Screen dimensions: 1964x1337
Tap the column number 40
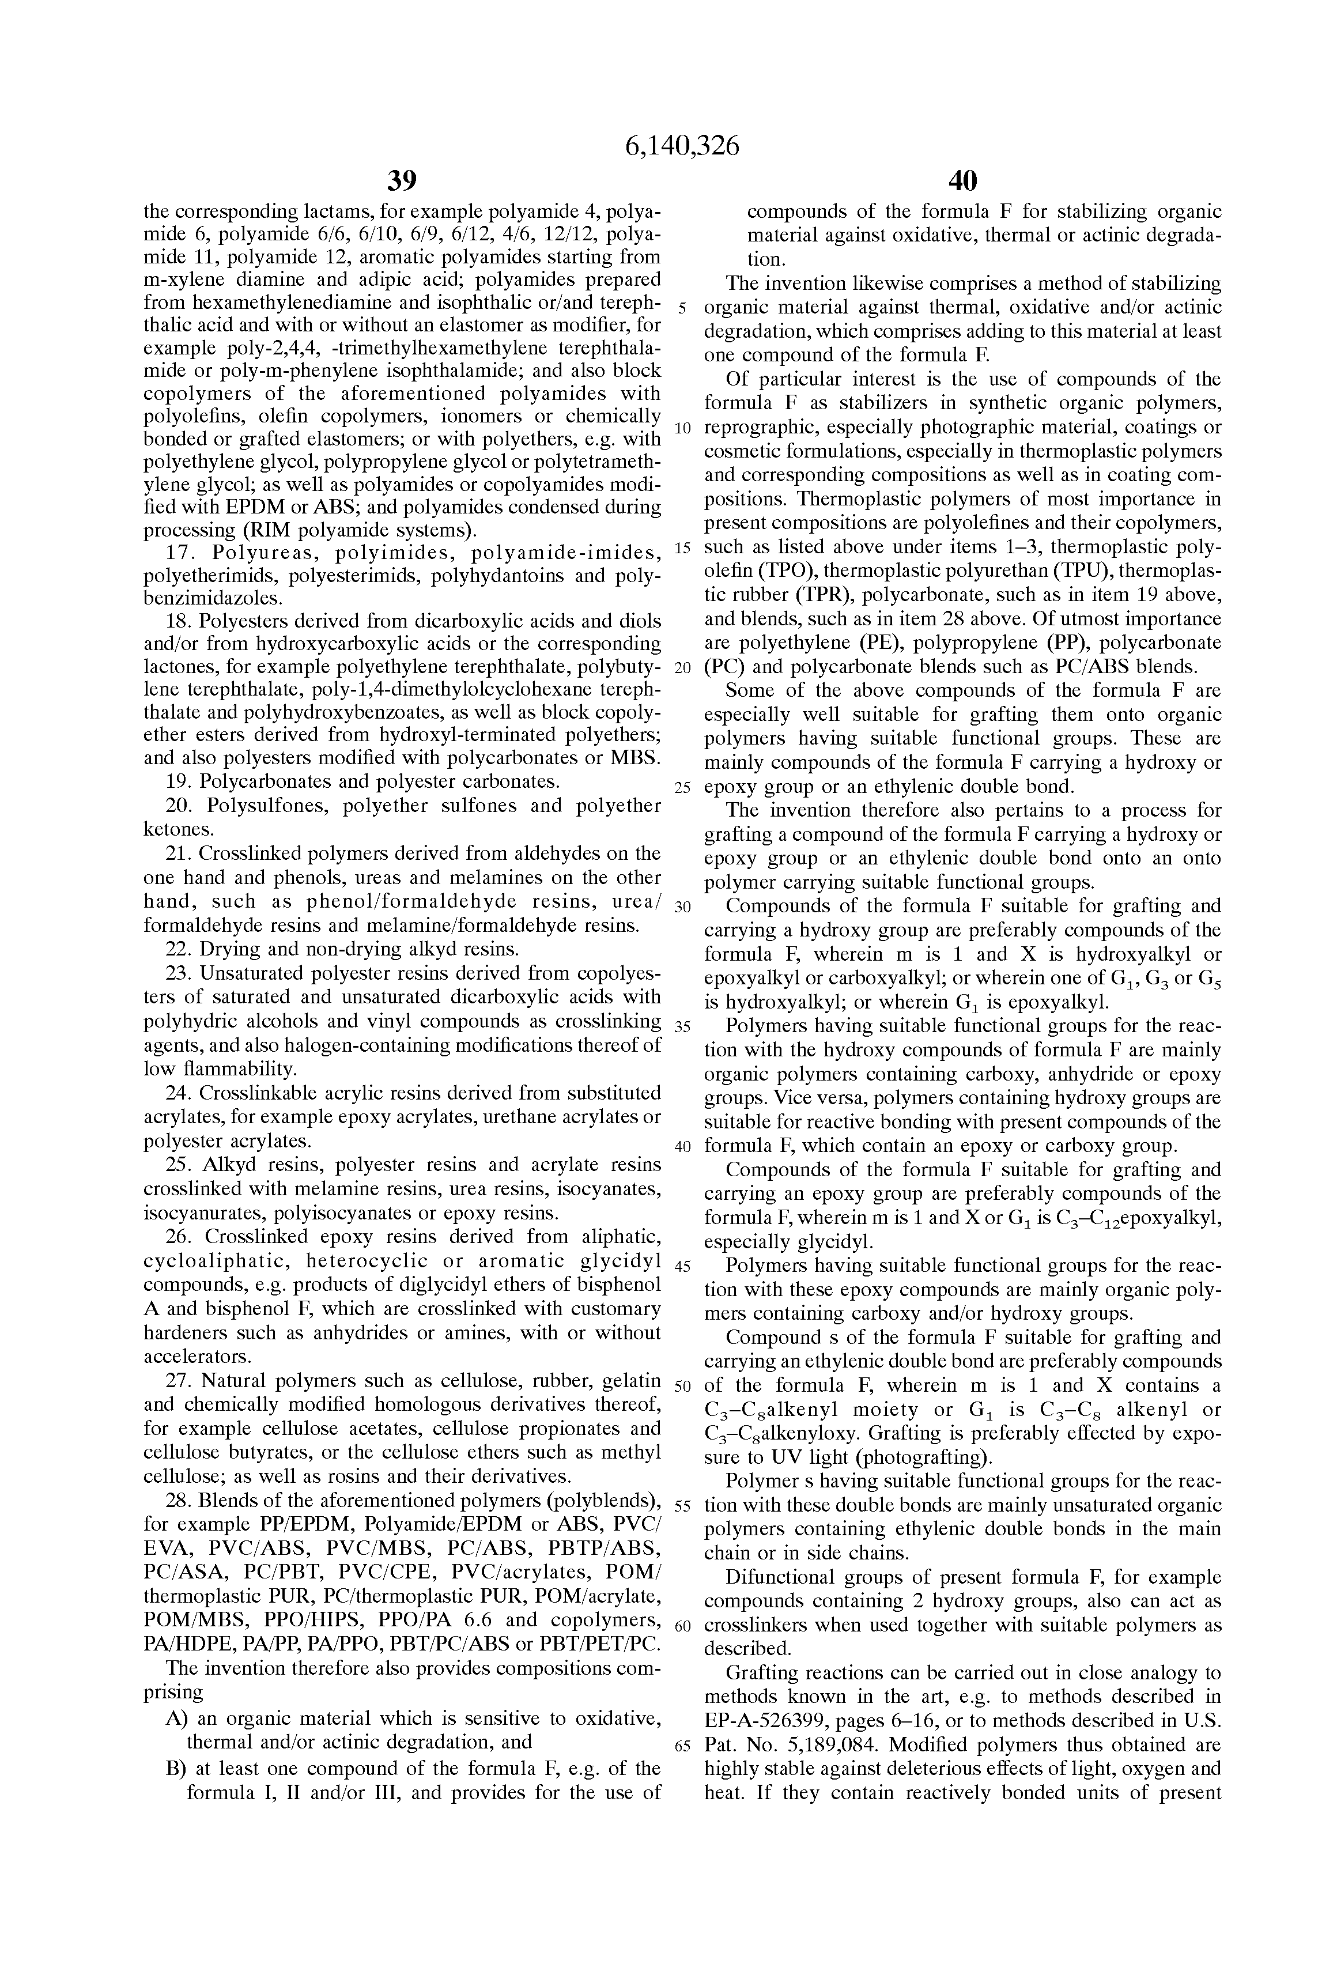click(962, 181)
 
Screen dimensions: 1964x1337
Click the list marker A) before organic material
click(176, 1718)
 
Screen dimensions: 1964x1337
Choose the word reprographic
click(762, 428)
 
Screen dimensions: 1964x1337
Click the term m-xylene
click(184, 279)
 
